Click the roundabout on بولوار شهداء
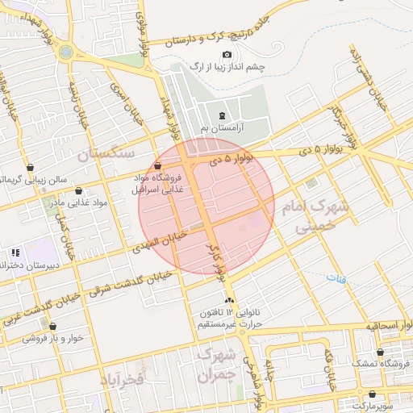tap(65, 52)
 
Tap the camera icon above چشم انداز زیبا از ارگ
tap(226, 54)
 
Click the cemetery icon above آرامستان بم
tap(223, 115)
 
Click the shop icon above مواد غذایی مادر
tap(78, 191)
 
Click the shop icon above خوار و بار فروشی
tap(52, 327)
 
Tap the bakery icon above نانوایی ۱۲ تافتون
tap(229, 301)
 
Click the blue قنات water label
tap(334, 277)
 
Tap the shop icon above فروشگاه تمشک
tap(380, 353)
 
